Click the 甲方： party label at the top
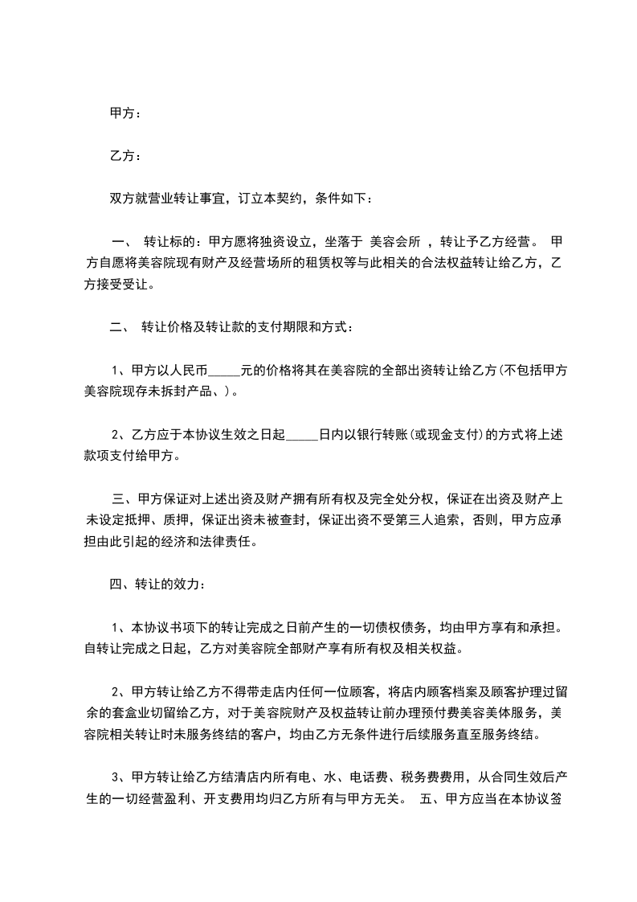(x=125, y=114)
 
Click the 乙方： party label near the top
(x=125, y=156)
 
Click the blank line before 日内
(x=302, y=435)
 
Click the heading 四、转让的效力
(x=157, y=584)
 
